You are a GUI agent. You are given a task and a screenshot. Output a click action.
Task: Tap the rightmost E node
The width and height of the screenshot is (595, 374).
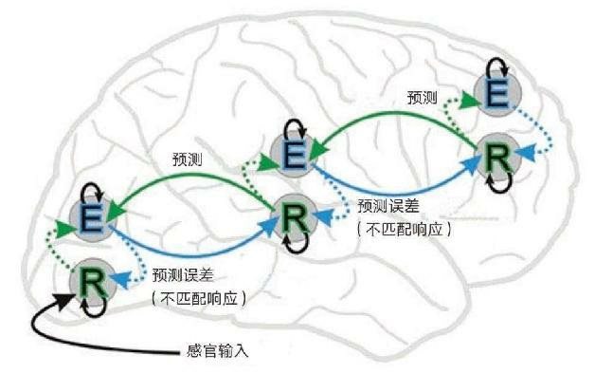495,95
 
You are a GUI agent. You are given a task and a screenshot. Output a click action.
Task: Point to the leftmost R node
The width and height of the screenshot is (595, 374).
93,281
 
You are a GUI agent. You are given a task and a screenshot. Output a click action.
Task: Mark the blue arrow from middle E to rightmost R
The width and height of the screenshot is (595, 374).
398,187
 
